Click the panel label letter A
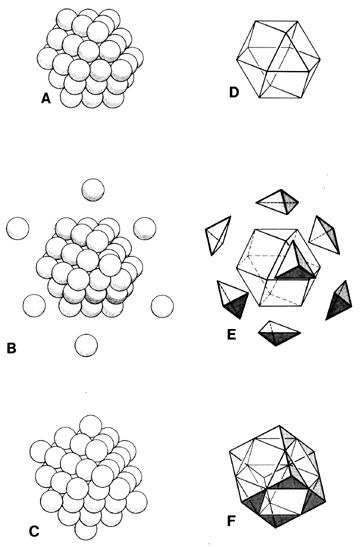[46, 99]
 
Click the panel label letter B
[11, 348]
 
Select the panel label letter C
[33, 531]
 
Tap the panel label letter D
[234, 93]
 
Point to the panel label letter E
[231, 334]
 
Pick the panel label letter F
[232, 521]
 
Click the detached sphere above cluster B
[93, 189]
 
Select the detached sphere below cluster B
[86, 345]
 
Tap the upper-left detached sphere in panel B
[18, 228]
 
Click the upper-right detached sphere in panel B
[145, 228]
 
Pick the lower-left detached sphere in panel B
[34, 305]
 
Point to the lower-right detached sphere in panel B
[162, 306]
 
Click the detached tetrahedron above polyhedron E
[277, 202]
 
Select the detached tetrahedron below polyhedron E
[279, 333]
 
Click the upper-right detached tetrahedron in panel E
[325, 235]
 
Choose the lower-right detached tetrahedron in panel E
[339, 300]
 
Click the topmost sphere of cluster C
[91, 426]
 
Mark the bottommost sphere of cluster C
[86, 529]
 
